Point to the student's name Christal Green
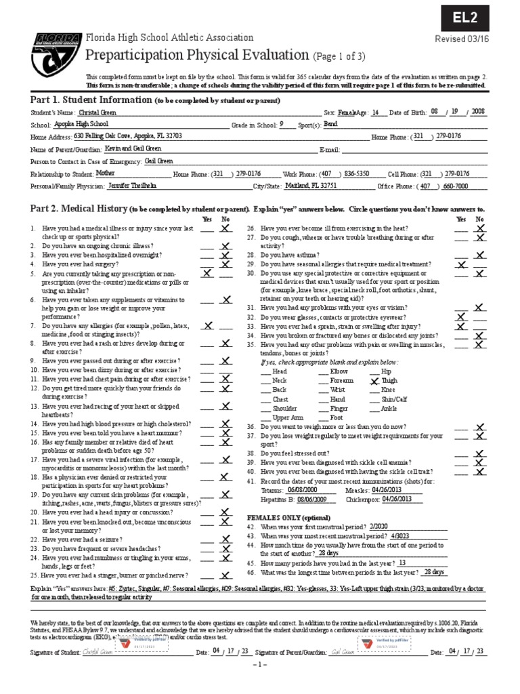tap(98, 112)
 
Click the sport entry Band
tap(330, 125)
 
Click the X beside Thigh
tap(374, 381)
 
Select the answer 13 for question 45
tap(402, 563)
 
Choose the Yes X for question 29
tap(461, 264)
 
